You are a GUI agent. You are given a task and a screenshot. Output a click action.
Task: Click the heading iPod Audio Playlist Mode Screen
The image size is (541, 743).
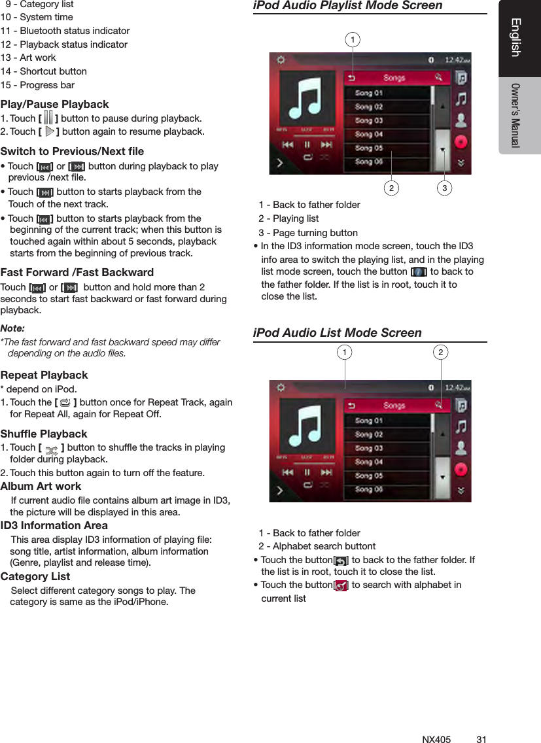[x=347, y=6]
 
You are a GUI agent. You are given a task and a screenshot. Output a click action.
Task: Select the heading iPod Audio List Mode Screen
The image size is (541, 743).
[x=337, y=333]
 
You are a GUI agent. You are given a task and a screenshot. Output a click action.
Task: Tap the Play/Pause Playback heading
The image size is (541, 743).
[x=55, y=105]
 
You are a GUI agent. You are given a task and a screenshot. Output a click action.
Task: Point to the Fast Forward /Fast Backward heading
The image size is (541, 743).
[x=77, y=272]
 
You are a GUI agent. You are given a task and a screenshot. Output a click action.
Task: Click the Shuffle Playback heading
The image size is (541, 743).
[x=44, y=434]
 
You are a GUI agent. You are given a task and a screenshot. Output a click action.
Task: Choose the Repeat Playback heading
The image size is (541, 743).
[x=44, y=375]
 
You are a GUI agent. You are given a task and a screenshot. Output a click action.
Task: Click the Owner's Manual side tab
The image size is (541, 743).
[x=516, y=115]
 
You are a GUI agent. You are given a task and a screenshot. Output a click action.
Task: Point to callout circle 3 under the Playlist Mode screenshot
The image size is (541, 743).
[x=445, y=189]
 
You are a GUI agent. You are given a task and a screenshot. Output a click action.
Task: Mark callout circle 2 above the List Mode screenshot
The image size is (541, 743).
[x=441, y=353]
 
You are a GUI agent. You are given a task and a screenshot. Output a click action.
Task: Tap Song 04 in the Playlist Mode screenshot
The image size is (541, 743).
[x=369, y=134]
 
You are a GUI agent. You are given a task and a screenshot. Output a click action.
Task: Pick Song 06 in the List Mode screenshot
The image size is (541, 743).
[x=369, y=489]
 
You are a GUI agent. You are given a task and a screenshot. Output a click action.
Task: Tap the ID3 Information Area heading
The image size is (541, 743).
[x=54, y=526]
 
